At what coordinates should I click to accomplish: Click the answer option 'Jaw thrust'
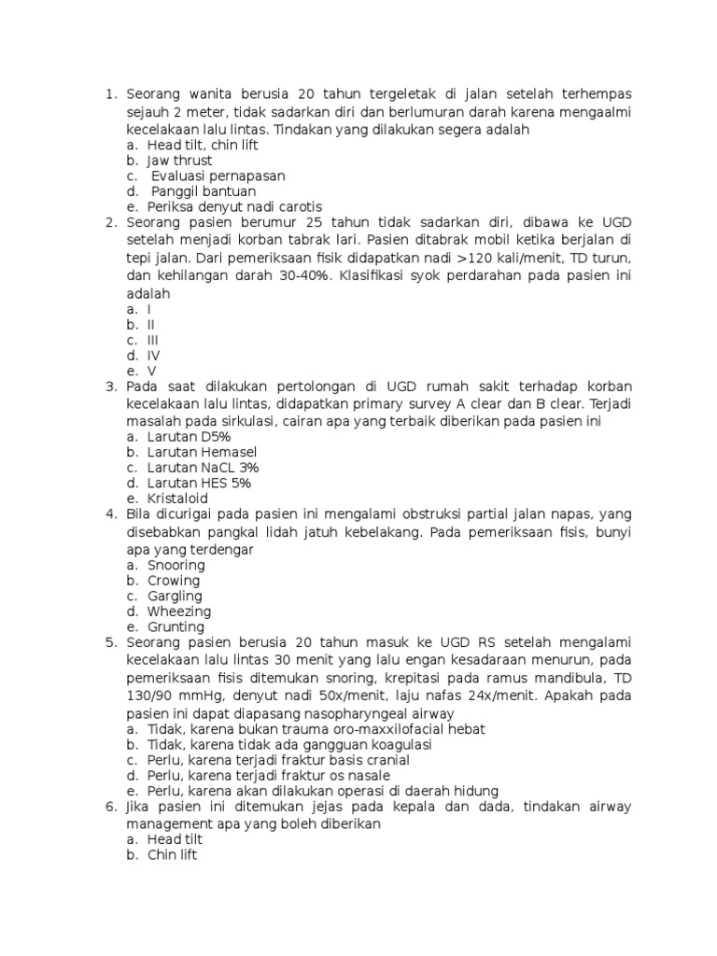pos(179,161)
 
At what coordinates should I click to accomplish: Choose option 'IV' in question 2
pos(154,355)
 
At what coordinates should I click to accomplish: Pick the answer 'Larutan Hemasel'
pos(202,452)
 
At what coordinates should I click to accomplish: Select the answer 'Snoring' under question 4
pos(176,565)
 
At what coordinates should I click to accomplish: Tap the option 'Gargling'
pos(175,596)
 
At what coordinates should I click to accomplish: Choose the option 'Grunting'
pos(176,626)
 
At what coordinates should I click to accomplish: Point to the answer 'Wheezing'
pos(179,612)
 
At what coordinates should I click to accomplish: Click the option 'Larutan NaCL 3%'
pos(203,467)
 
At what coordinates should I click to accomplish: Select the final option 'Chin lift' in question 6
pos(172,855)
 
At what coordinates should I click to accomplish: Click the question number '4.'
pos(110,513)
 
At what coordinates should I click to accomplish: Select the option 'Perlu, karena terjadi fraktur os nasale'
pos(269,775)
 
